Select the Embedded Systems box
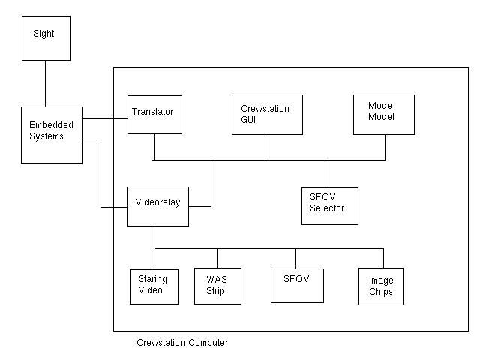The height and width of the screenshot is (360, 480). pyautogui.click(x=52, y=135)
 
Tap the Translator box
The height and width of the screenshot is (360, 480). pyautogui.click(x=154, y=115)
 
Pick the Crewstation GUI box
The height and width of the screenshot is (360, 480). pyautogui.click(x=267, y=115)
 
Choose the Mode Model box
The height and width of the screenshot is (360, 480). pyautogui.click(x=383, y=114)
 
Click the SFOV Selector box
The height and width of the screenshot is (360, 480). pyautogui.click(x=329, y=206)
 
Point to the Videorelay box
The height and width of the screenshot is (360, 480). pyautogui.click(x=157, y=206)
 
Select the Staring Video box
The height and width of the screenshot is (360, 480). pyautogui.click(x=154, y=286)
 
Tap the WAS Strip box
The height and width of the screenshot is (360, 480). pyautogui.click(x=217, y=286)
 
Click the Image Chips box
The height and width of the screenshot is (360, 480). pyautogui.click(x=381, y=286)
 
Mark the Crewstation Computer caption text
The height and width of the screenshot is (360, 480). pyautogui.click(x=182, y=343)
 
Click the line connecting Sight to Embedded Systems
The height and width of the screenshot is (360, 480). pyautogui.click(x=46, y=83)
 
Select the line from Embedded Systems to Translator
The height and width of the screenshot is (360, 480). pyautogui.click(x=105, y=118)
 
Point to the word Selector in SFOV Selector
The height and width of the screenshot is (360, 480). pyautogui.click(x=328, y=208)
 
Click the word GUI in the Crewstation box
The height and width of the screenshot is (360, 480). pyautogui.click(x=249, y=120)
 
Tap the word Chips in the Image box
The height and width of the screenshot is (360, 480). pyautogui.click(x=381, y=292)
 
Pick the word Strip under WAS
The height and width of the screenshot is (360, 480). pyautogui.click(x=215, y=292)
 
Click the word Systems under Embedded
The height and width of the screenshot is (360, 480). pyautogui.click(x=47, y=136)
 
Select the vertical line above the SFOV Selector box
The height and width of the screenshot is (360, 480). pyautogui.click(x=328, y=174)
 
